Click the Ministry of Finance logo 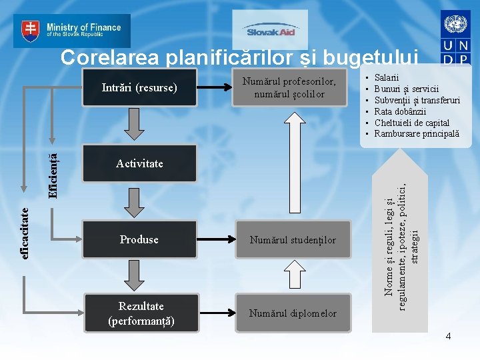72,30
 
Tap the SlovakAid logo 270,31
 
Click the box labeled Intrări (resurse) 139,87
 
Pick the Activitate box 139,164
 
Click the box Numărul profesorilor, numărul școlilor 289,87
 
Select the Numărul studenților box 293,240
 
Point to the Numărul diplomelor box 293,313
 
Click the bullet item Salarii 387,77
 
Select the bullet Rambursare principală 417,134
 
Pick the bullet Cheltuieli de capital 412,123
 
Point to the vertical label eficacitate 25,224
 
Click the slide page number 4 448,337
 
